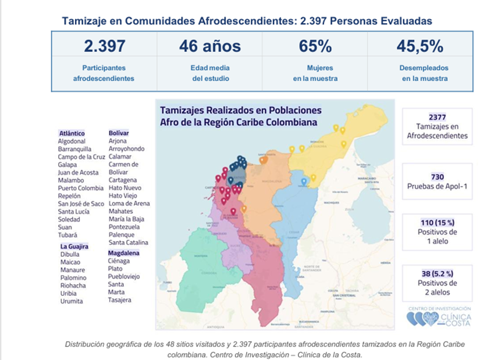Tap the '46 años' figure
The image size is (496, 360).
point(209,47)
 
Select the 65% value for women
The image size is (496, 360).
point(316,47)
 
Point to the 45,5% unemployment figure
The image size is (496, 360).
point(420,47)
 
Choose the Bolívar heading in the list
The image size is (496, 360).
point(118,133)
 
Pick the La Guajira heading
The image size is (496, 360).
point(74,246)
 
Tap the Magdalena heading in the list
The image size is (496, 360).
point(123,252)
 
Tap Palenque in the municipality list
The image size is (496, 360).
point(122,235)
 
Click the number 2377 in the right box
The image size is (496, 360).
point(437,117)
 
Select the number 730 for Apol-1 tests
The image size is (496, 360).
point(437,177)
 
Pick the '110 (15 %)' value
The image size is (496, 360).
point(437,223)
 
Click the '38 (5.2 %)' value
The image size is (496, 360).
point(437,274)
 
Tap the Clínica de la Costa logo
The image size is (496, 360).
point(438,317)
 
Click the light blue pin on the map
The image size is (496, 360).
point(304,182)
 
